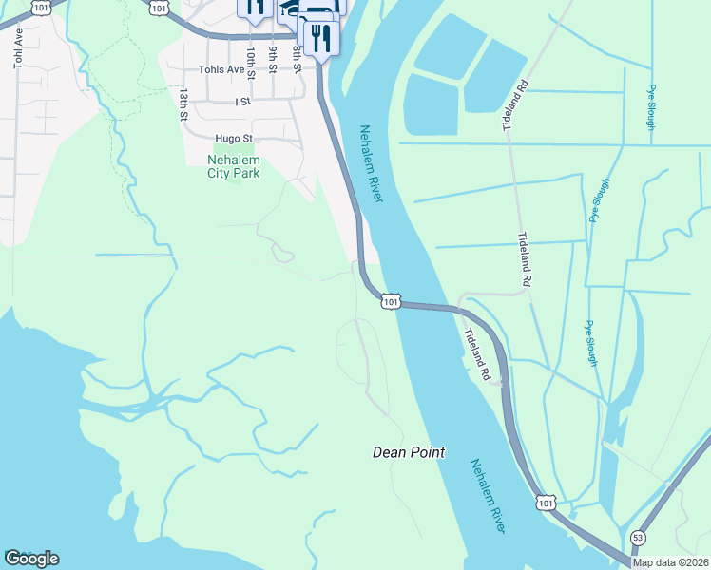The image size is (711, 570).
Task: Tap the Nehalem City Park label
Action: (233, 166)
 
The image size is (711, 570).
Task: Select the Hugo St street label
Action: (233, 138)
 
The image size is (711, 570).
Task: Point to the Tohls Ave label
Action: (221, 69)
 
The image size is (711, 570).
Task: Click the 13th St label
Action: (183, 105)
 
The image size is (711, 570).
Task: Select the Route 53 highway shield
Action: (638, 539)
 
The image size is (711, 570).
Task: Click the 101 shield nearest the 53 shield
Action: (544, 501)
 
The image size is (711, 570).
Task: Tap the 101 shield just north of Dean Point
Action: (390, 301)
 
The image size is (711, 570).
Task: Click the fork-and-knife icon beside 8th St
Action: (320, 38)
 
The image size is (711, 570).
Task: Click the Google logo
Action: (31, 559)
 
